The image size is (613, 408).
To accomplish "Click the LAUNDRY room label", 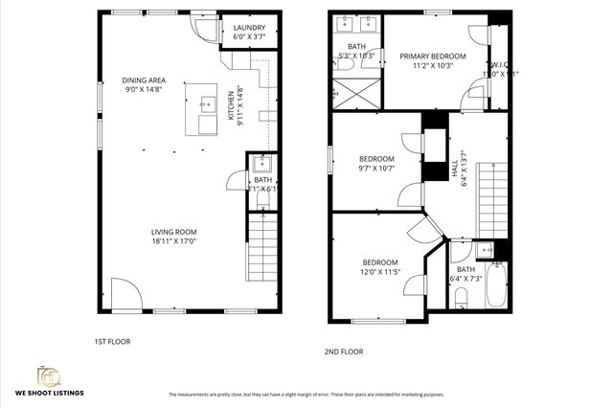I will (249, 28).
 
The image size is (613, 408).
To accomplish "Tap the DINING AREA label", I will (144, 79).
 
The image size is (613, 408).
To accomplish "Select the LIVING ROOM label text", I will (173, 231).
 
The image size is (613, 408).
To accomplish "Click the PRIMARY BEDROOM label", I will (433, 57).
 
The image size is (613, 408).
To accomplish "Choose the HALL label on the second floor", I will (454, 170).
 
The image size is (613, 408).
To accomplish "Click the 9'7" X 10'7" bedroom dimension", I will (376, 170).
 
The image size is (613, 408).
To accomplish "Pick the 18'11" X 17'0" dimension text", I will (173, 241).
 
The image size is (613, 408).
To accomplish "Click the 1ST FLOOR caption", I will (112, 341).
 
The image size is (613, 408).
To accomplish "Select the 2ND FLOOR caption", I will (344, 351).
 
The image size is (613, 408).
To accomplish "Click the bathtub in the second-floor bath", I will (497, 283).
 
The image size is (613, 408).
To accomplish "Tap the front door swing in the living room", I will (124, 293).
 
